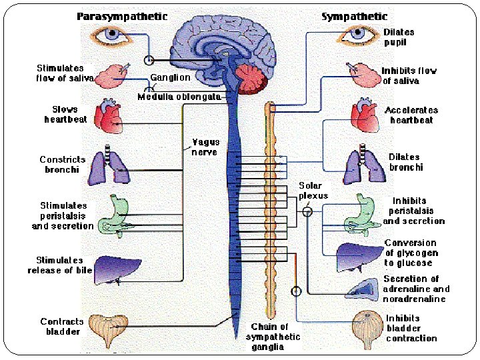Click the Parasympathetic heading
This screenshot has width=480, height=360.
122,17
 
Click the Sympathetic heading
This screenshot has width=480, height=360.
354,16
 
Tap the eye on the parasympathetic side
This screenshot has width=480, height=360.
111,35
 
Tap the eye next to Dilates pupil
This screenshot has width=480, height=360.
357,35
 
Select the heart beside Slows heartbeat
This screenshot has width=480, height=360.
109,116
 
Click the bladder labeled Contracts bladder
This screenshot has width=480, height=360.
109,330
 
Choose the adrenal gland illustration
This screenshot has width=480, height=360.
363,289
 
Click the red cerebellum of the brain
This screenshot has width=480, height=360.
251,79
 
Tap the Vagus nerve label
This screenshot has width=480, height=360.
205,147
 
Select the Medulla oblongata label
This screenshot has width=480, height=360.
179,97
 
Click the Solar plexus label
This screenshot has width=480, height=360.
313,191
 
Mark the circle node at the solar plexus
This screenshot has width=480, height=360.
307,211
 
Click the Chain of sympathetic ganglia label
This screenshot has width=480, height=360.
272,337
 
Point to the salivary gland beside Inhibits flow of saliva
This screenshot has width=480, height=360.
364,75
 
